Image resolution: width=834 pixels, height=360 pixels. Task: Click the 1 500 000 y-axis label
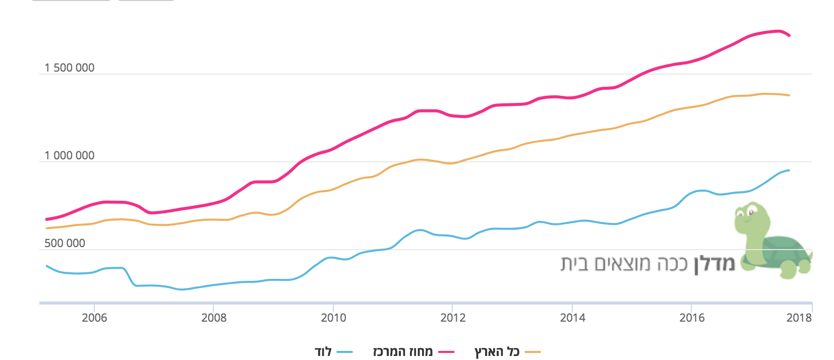click(69, 68)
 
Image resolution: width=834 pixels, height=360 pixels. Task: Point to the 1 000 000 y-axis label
click(69, 156)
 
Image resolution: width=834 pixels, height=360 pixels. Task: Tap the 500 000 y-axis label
click(65, 244)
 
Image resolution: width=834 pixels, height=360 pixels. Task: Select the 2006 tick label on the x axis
click(94, 318)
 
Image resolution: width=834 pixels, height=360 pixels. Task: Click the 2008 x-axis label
click(214, 318)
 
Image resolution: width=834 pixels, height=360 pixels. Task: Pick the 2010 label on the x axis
click(333, 318)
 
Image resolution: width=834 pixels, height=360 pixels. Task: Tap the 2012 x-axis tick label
click(453, 318)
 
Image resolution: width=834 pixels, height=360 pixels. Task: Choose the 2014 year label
click(572, 318)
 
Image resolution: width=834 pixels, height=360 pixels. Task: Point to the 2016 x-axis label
click(692, 318)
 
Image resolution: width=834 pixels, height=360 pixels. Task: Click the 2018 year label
click(799, 318)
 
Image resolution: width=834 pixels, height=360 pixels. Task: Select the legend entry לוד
click(323, 352)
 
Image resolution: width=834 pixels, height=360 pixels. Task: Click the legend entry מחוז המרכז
click(402, 352)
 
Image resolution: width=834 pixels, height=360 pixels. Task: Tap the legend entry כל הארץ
click(497, 352)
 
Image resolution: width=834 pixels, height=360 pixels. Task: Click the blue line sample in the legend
click(345, 352)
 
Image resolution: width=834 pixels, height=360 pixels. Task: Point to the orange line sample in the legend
click(532, 352)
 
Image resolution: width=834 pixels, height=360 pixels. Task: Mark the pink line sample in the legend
click(446, 352)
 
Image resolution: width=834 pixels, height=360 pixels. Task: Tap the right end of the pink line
click(789, 35)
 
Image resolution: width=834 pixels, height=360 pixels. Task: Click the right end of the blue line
click(789, 170)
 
